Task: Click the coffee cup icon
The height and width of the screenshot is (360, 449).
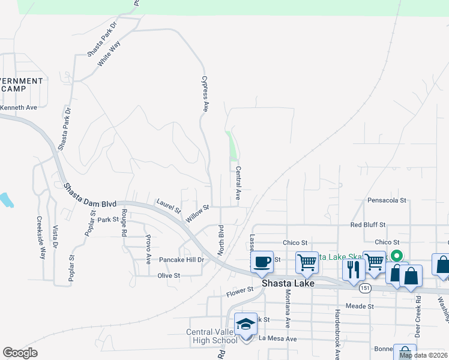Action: point(262,262)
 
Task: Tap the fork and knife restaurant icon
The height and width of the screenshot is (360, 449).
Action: point(353,268)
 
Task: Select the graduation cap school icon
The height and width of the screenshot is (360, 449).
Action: point(246,325)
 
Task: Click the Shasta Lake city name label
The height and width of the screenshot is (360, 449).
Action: point(285,283)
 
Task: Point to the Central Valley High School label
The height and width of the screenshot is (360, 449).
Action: point(211,336)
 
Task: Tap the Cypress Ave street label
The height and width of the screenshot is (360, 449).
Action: point(205,94)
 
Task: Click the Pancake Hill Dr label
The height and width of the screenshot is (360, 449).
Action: point(182,260)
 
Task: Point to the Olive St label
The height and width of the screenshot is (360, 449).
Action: point(169,275)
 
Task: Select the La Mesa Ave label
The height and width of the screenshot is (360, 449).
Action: point(278,338)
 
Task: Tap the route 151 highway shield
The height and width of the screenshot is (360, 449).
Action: point(366,289)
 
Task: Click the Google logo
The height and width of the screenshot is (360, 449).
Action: point(20,353)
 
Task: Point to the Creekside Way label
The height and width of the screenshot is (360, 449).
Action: point(41,237)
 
